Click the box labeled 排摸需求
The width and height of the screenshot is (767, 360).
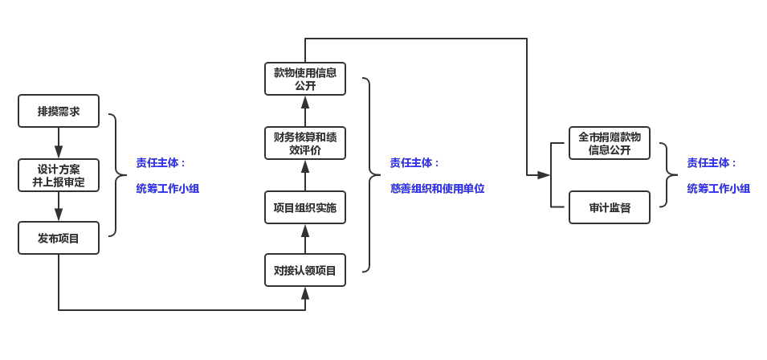[x=59, y=111]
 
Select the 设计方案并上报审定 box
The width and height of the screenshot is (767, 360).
[x=59, y=175]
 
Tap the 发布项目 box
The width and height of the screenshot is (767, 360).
[x=59, y=238]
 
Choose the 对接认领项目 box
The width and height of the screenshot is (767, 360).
[x=305, y=270]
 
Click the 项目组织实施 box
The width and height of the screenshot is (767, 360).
[x=305, y=207]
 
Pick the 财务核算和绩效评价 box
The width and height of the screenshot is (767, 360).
[x=305, y=143]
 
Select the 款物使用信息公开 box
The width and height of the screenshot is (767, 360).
[x=305, y=79]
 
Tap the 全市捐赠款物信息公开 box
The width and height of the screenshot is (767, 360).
[x=610, y=143]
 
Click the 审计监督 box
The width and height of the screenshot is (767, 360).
[x=610, y=207]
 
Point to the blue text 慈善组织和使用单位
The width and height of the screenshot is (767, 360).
[x=437, y=189]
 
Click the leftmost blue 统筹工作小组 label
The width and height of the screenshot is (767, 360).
[x=167, y=189]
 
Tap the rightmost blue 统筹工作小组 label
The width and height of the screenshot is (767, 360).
[x=718, y=189]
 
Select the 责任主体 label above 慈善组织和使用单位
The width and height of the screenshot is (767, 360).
[x=414, y=163]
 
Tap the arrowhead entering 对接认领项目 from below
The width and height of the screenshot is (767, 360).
[x=305, y=293]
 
